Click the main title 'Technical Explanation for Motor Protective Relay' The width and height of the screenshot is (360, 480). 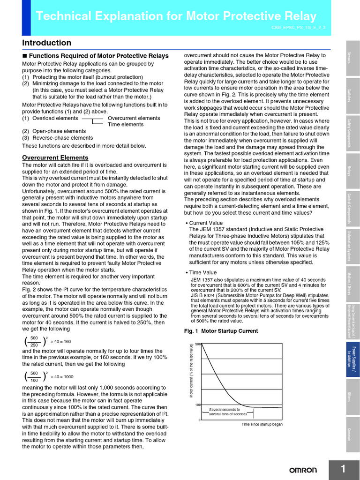click(x=176, y=17)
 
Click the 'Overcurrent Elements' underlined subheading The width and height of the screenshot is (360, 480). click(x=55, y=157)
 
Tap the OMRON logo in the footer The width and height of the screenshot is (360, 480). click(x=302, y=470)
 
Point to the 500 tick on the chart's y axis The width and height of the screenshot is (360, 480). click(x=198, y=345)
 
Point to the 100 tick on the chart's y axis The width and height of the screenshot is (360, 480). click(x=198, y=405)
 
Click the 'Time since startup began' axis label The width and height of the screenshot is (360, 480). click(x=262, y=424)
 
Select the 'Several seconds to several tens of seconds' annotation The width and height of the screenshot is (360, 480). click(x=228, y=412)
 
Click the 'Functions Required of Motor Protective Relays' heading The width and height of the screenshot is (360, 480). click(x=99, y=56)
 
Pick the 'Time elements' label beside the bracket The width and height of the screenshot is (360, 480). click(x=126, y=125)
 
